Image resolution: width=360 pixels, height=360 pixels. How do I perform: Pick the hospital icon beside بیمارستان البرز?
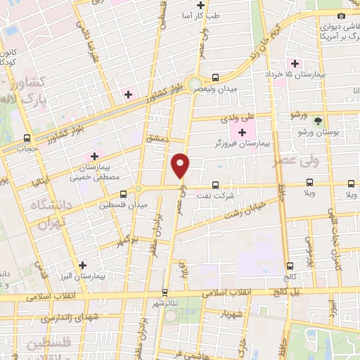tap(84, 266)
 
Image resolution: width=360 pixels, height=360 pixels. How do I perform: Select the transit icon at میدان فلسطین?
tap(124, 194)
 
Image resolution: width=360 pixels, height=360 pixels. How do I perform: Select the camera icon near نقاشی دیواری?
tap(341, 15)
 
